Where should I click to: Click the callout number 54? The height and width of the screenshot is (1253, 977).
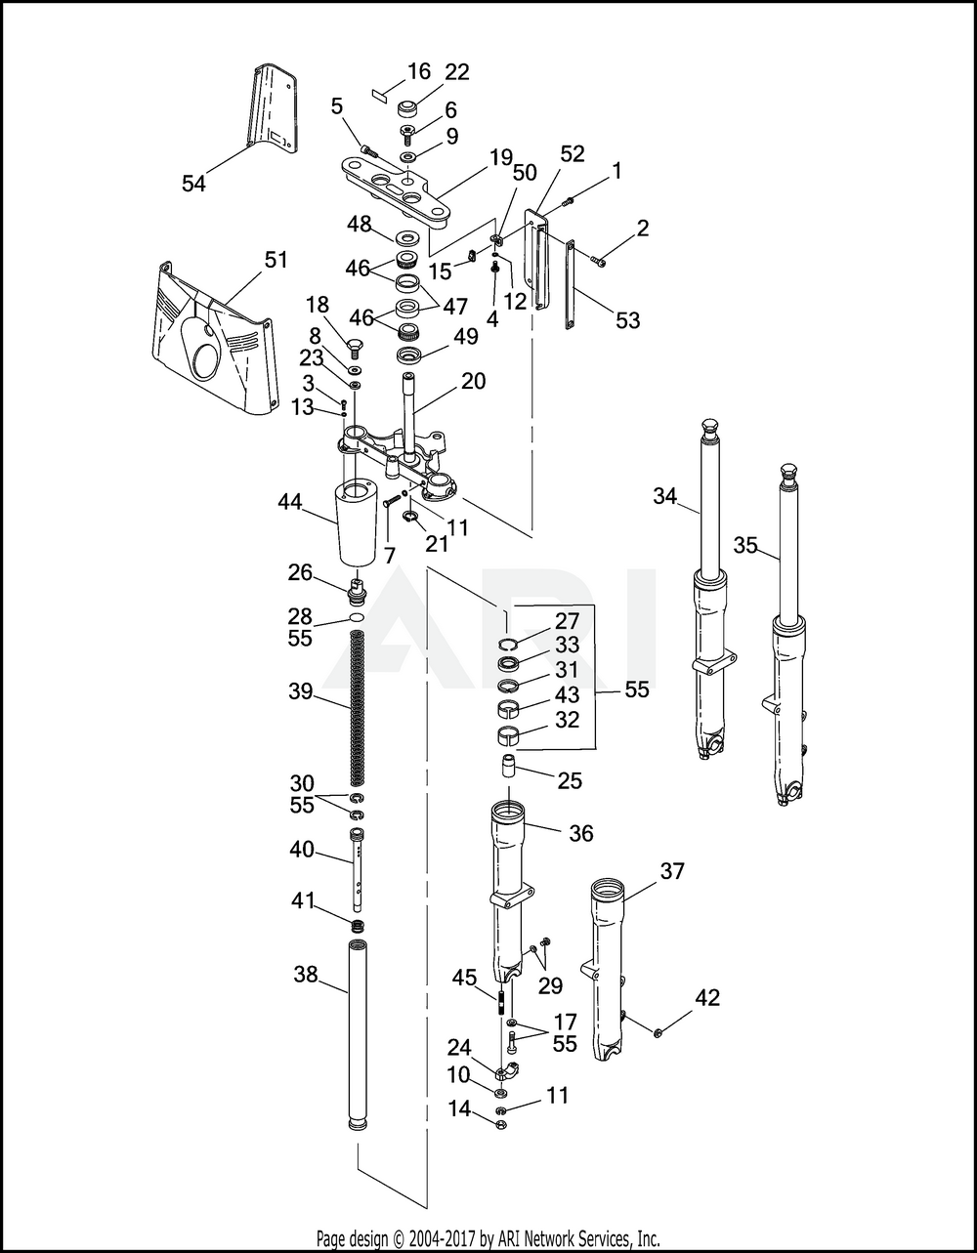click(193, 184)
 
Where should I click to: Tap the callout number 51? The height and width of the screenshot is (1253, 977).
click(276, 260)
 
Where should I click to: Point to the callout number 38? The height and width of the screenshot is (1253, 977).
click(306, 974)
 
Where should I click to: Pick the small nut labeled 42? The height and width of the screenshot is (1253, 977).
click(659, 1031)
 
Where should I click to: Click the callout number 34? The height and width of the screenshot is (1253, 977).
click(665, 495)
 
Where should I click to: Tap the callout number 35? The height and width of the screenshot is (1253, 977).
click(745, 545)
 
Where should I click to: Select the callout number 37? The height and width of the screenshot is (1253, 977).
click(672, 871)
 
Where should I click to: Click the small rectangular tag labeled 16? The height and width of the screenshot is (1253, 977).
click(379, 95)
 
